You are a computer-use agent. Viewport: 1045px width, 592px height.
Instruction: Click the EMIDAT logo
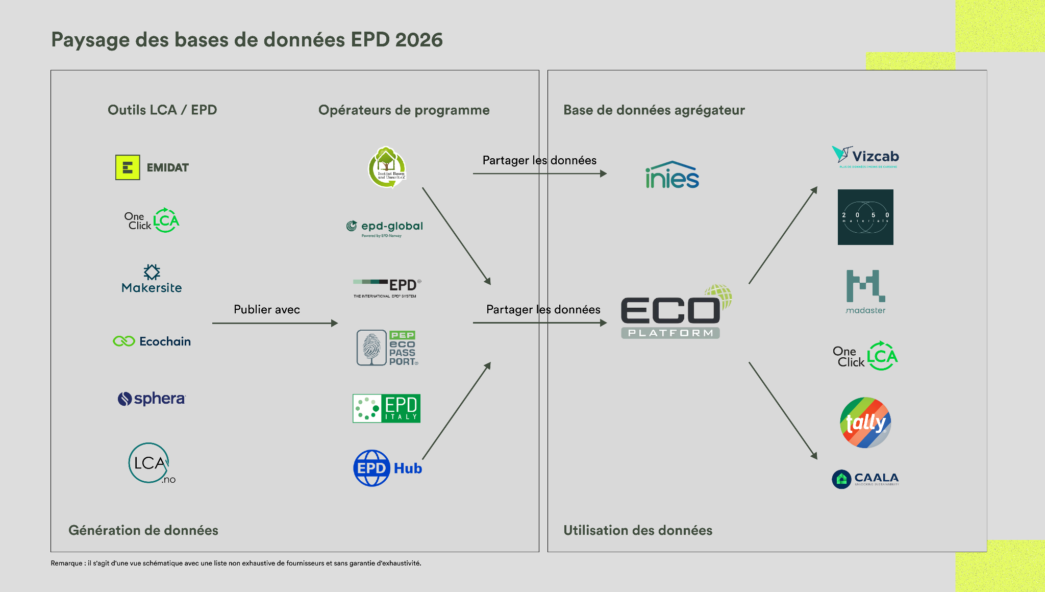coord(152,167)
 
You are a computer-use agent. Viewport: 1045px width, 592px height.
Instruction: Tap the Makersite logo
coord(152,279)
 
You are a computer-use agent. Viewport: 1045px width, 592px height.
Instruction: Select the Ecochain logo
coord(152,341)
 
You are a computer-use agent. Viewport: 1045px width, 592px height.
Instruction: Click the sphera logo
coord(152,399)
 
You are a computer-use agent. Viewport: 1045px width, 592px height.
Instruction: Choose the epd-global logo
coord(385,227)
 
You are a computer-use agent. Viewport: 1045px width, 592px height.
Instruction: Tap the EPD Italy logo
coord(386,408)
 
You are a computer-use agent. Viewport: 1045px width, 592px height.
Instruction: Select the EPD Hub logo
coord(388,468)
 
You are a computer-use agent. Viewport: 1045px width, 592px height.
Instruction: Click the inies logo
coord(672,175)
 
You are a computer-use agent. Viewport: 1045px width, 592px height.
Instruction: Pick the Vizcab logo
coord(865,157)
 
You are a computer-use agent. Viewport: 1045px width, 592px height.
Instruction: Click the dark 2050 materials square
coord(865,217)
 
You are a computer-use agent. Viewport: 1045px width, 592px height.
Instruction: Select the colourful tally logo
coord(865,423)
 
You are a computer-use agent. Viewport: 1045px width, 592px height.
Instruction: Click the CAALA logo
coord(865,479)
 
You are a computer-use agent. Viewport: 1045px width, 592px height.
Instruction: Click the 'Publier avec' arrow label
coord(267,309)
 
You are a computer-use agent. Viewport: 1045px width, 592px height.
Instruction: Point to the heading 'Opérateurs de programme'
coord(404,110)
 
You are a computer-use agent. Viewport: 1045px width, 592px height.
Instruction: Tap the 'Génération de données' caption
coord(143,530)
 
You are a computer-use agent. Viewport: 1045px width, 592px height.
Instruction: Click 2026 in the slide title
coord(419,40)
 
